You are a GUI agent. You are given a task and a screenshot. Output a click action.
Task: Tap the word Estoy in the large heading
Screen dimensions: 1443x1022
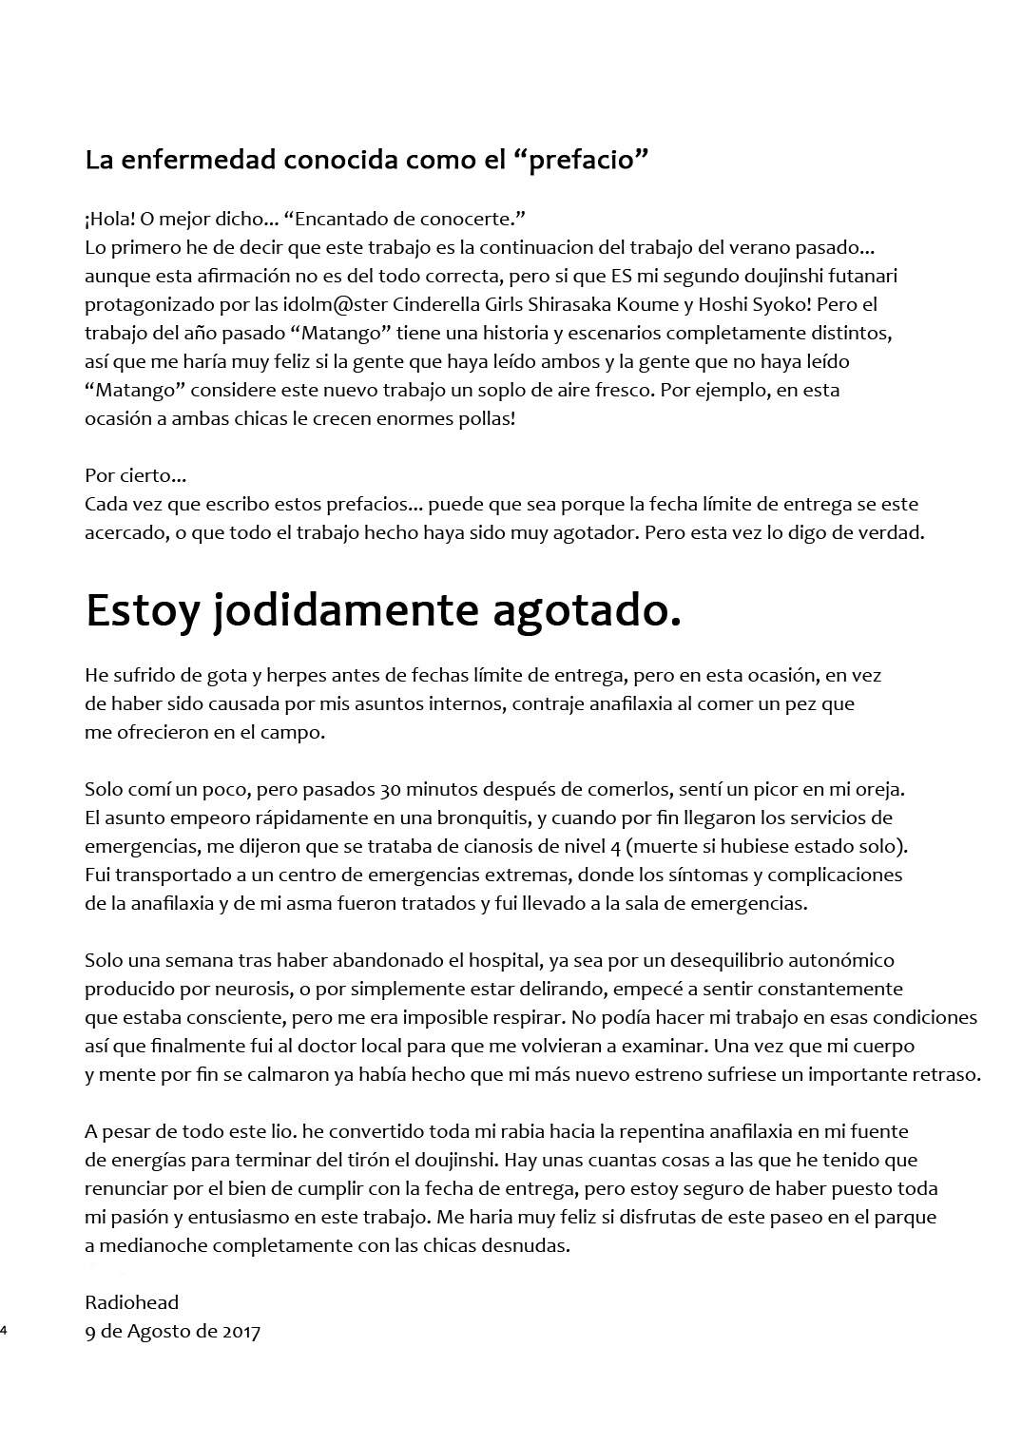point(143,610)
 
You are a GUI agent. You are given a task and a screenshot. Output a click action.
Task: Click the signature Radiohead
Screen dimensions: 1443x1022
point(131,1302)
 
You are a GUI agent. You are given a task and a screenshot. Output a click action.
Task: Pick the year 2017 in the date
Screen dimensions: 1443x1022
point(241,1331)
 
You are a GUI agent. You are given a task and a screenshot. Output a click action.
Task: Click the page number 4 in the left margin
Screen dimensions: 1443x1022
point(4,1331)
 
